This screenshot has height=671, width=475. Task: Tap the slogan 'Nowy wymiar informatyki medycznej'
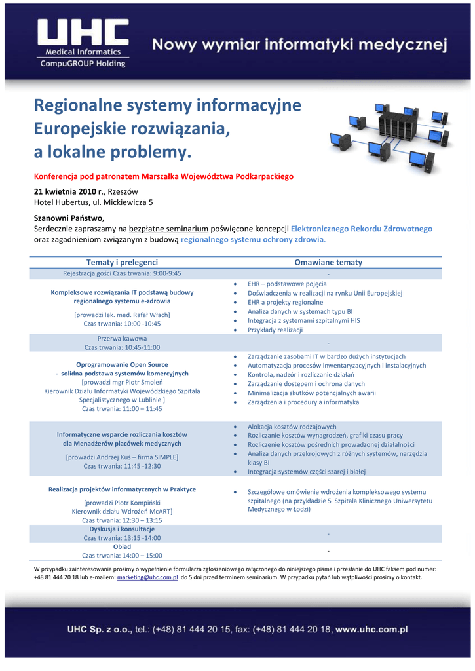[x=299, y=45]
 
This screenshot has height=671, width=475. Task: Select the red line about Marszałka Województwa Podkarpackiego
[x=164, y=176]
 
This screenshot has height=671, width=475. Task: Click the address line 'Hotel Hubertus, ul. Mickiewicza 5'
[x=93, y=202]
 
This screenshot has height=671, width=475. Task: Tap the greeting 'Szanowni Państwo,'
[x=69, y=218]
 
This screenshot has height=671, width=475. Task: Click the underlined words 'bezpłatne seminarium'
[x=168, y=229]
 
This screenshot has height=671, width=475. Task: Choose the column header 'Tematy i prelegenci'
[x=122, y=262]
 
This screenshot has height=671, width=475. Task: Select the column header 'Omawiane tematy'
[x=328, y=262]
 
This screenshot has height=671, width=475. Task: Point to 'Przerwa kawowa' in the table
[x=122, y=338]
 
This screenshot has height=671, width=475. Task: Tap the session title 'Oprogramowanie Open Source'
[x=122, y=364]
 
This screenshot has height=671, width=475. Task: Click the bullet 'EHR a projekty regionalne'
[x=285, y=302]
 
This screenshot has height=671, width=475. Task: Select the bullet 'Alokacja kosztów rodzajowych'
[x=292, y=426]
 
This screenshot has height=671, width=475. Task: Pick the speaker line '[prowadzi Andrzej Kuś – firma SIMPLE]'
[x=122, y=457]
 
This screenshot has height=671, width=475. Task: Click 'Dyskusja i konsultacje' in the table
[x=122, y=529]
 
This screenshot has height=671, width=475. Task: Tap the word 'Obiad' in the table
[x=122, y=546]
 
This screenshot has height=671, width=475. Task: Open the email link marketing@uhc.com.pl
[x=147, y=578]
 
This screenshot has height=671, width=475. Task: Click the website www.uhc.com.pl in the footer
[x=371, y=629]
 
